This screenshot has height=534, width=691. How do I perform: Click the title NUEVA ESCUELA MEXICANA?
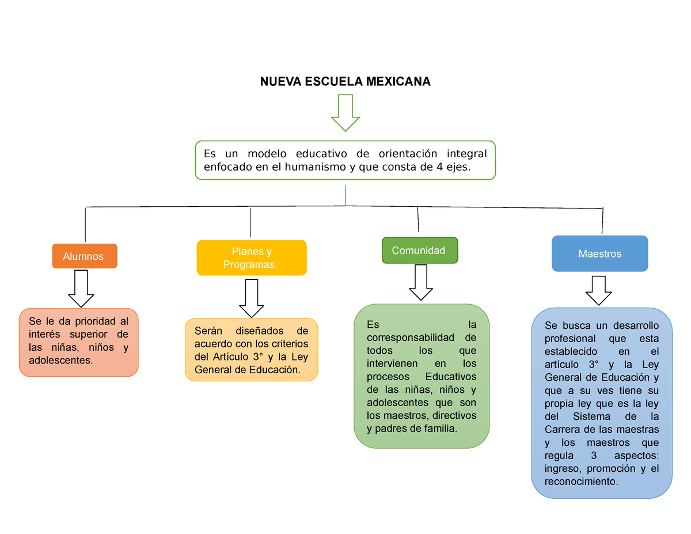point(345,81)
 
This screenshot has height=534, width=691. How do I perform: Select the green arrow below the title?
point(345,112)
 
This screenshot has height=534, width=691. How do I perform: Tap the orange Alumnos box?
point(85,256)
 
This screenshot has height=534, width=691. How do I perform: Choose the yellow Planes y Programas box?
point(252,257)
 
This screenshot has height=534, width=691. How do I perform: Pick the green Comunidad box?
point(420,251)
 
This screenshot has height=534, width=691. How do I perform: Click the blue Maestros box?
point(600,253)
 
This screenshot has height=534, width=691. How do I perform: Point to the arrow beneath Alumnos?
point(81,289)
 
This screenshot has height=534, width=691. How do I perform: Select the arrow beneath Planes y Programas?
point(252,298)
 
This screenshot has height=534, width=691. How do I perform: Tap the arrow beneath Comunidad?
point(421,282)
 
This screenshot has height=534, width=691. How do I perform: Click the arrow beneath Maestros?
point(598,291)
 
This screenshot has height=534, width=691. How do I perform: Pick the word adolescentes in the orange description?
point(60,361)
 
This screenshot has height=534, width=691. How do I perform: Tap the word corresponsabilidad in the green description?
point(410,338)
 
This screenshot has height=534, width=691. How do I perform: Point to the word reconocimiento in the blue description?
point(581,482)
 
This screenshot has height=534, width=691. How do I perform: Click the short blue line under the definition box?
point(345,195)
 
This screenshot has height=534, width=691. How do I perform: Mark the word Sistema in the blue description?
point(591,416)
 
